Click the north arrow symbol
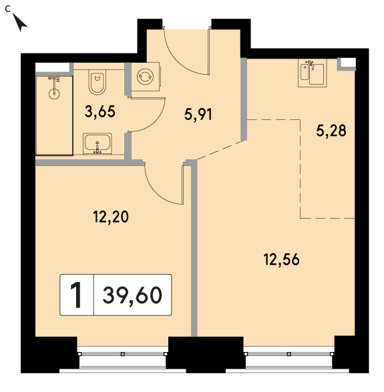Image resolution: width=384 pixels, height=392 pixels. click(x=19, y=23)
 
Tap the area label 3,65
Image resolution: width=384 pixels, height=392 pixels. click(x=100, y=111)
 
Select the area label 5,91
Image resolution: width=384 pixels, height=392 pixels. click(x=198, y=114)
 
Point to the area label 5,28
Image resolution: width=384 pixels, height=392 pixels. click(x=331, y=131)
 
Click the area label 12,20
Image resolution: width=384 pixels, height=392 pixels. click(x=111, y=217)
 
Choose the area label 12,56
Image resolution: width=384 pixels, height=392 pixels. click(x=281, y=259)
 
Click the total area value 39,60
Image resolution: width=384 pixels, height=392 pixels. click(x=132, y=295)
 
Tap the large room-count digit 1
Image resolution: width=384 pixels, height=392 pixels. click(x=76, y=295)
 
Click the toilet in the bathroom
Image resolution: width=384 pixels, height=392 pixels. click(x=98, y=82)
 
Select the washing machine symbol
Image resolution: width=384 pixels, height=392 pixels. click(x=146, y=77)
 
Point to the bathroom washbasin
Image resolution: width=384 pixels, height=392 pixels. click(x=98, y=143)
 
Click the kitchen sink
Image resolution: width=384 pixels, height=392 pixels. click(x=313, y=73)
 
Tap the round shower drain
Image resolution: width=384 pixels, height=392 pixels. click(x=54, y=94)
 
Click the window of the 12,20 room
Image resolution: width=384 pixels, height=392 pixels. click(x=122, y=357)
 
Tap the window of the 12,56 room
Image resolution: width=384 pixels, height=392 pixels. click(x=289, y=357)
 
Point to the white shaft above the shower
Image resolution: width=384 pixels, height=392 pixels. click(x=52, y=67)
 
